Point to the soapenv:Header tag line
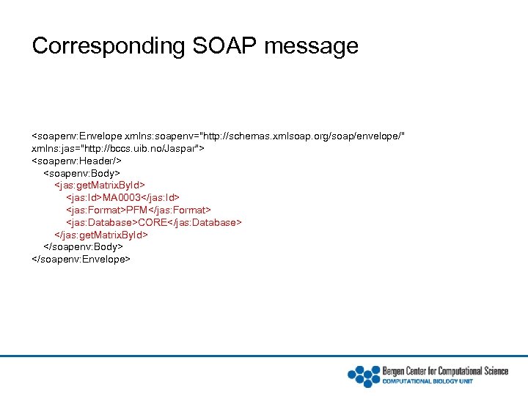[76, 161]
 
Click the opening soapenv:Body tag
[82, 173]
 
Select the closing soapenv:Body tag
[84, 247]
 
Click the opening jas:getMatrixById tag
[100, 186]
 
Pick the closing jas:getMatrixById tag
[102, 235]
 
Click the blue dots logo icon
[363, 375]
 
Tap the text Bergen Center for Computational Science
[445, 370]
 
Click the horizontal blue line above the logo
[264, 356]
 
